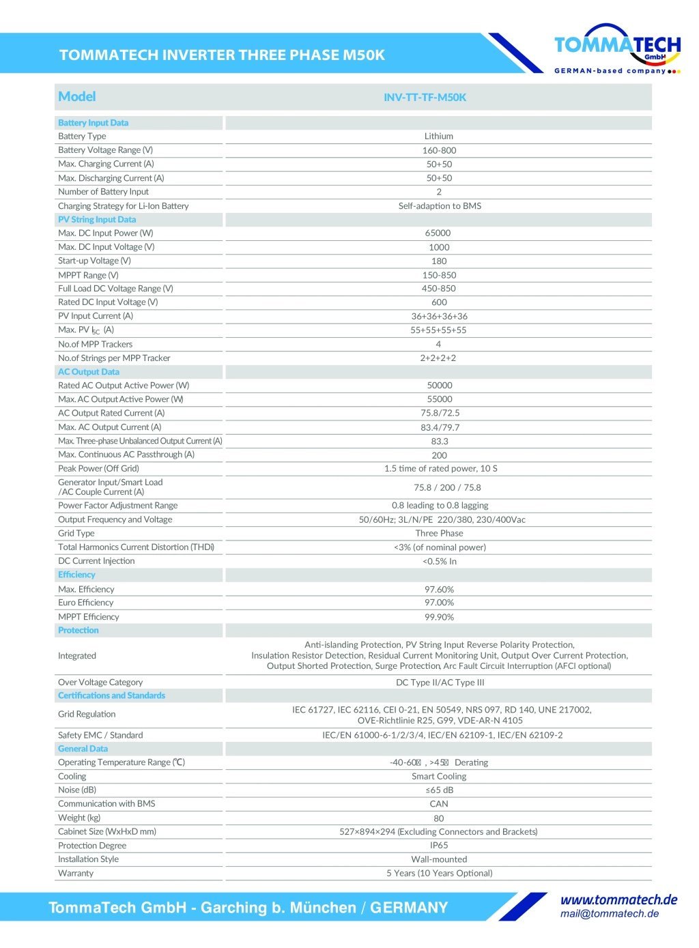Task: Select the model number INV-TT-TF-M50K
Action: (x=425, y=97)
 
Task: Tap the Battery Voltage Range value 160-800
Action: (x=439, y=150)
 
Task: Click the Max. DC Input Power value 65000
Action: (x=438, y=233)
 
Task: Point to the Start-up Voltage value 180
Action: (x=439, y=261)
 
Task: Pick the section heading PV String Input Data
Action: (x=97, y=219)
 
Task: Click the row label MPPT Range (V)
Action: (x=88, y=275)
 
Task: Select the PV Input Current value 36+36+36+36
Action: (x=439, y=316)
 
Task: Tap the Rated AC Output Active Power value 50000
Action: (x=440, y=385)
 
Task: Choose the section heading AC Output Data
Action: (x=89, y=372)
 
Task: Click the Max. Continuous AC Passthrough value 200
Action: (x=439, y=455)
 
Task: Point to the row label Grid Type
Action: (x=76, y=533)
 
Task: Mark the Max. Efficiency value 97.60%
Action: (x=439, y=589)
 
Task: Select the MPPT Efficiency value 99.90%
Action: (x=439, y=617)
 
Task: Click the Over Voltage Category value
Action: (x=440, y=683)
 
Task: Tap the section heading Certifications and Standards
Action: (x=111, y=695)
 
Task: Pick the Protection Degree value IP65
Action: (x=439, y=845)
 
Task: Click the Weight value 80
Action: (x=438, y=818)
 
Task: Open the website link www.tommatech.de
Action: (x=618, y=900)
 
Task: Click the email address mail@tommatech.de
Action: (x=610, y=914)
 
